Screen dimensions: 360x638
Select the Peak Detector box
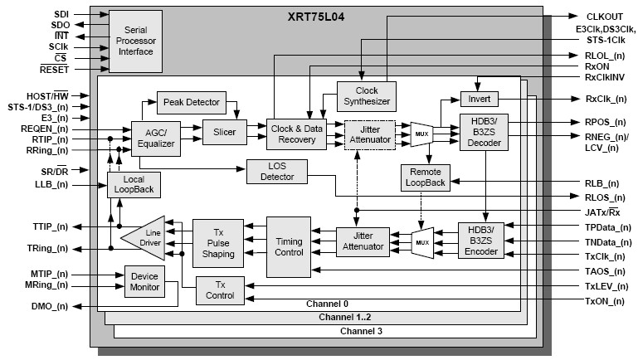(191, 102)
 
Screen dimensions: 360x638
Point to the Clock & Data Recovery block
(296, 134)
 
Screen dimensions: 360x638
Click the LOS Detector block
(277, 172)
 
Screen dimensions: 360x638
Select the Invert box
(479, 99)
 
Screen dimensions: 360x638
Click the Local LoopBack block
(134, 184)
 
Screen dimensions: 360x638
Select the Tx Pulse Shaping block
(217, 241)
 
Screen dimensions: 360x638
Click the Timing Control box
(289, 246)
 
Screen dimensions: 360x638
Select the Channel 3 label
(361, 331)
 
